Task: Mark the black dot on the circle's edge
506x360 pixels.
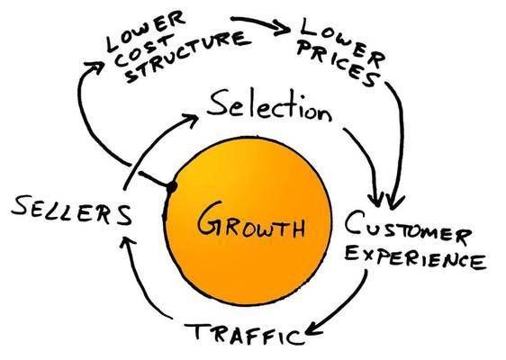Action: [169, 186]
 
